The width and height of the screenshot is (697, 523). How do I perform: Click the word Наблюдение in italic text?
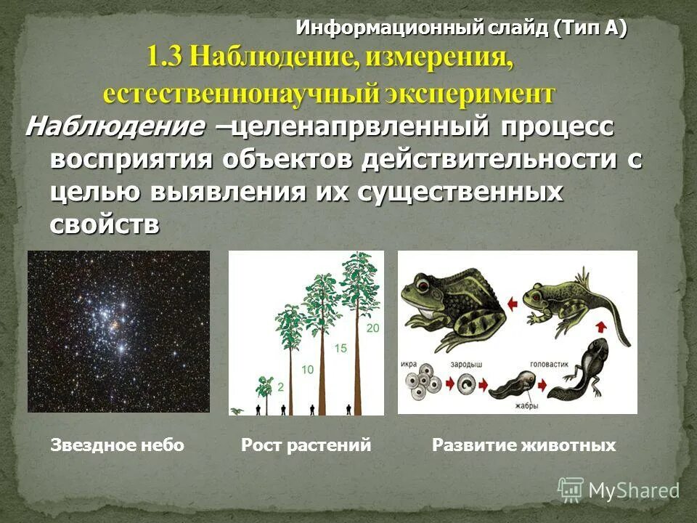pos(115,128)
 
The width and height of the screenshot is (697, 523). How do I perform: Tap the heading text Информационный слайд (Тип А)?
pos(461,28)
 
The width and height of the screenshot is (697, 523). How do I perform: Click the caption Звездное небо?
pos(117,445)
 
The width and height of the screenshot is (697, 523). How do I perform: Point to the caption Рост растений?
pos(306,445)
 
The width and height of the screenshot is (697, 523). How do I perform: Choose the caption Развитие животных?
pos(523,445)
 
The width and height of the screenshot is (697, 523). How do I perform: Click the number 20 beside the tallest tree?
pos(373,328)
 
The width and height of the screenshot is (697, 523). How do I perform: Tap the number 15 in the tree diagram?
pos(341,349)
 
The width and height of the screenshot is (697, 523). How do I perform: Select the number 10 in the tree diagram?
pos(307,370)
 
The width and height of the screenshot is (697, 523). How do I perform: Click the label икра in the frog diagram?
pos(409,362)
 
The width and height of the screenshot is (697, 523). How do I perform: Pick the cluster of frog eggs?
pos(421,385)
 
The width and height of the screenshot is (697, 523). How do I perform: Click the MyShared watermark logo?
pos(619,490)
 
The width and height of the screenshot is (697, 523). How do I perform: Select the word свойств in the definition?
pos(105,224)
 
